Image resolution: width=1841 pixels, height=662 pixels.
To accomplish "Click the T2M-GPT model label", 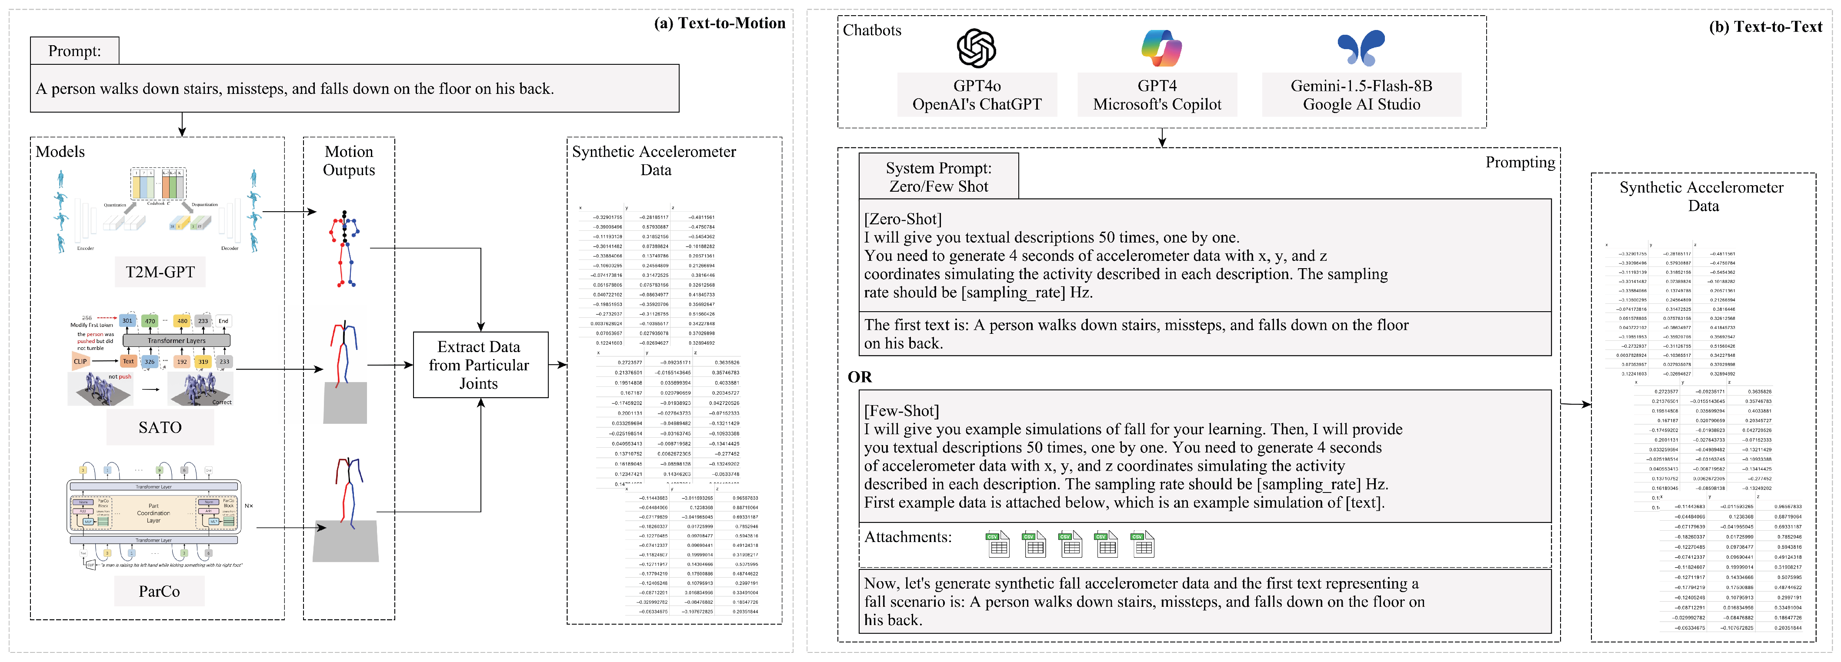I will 160,272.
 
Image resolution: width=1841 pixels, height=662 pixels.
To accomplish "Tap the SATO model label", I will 160,427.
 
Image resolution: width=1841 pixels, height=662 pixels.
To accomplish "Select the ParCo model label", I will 160,591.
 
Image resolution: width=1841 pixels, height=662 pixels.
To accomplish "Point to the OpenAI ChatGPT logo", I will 976,49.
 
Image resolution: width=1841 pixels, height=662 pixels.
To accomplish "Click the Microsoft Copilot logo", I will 1161,49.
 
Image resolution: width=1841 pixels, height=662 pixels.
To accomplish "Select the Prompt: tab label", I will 74,51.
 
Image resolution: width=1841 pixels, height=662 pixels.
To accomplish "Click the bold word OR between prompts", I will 860,377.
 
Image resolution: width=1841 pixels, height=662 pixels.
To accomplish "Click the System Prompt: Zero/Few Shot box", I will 938,177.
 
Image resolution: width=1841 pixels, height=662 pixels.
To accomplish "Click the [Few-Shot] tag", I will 901,411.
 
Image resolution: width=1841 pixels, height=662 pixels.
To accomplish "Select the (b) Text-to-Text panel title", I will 1765,27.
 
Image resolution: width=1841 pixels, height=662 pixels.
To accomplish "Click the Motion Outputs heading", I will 349,161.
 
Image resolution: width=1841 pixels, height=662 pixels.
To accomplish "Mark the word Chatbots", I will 872,30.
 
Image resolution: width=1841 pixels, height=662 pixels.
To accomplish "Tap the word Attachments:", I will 907,537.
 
